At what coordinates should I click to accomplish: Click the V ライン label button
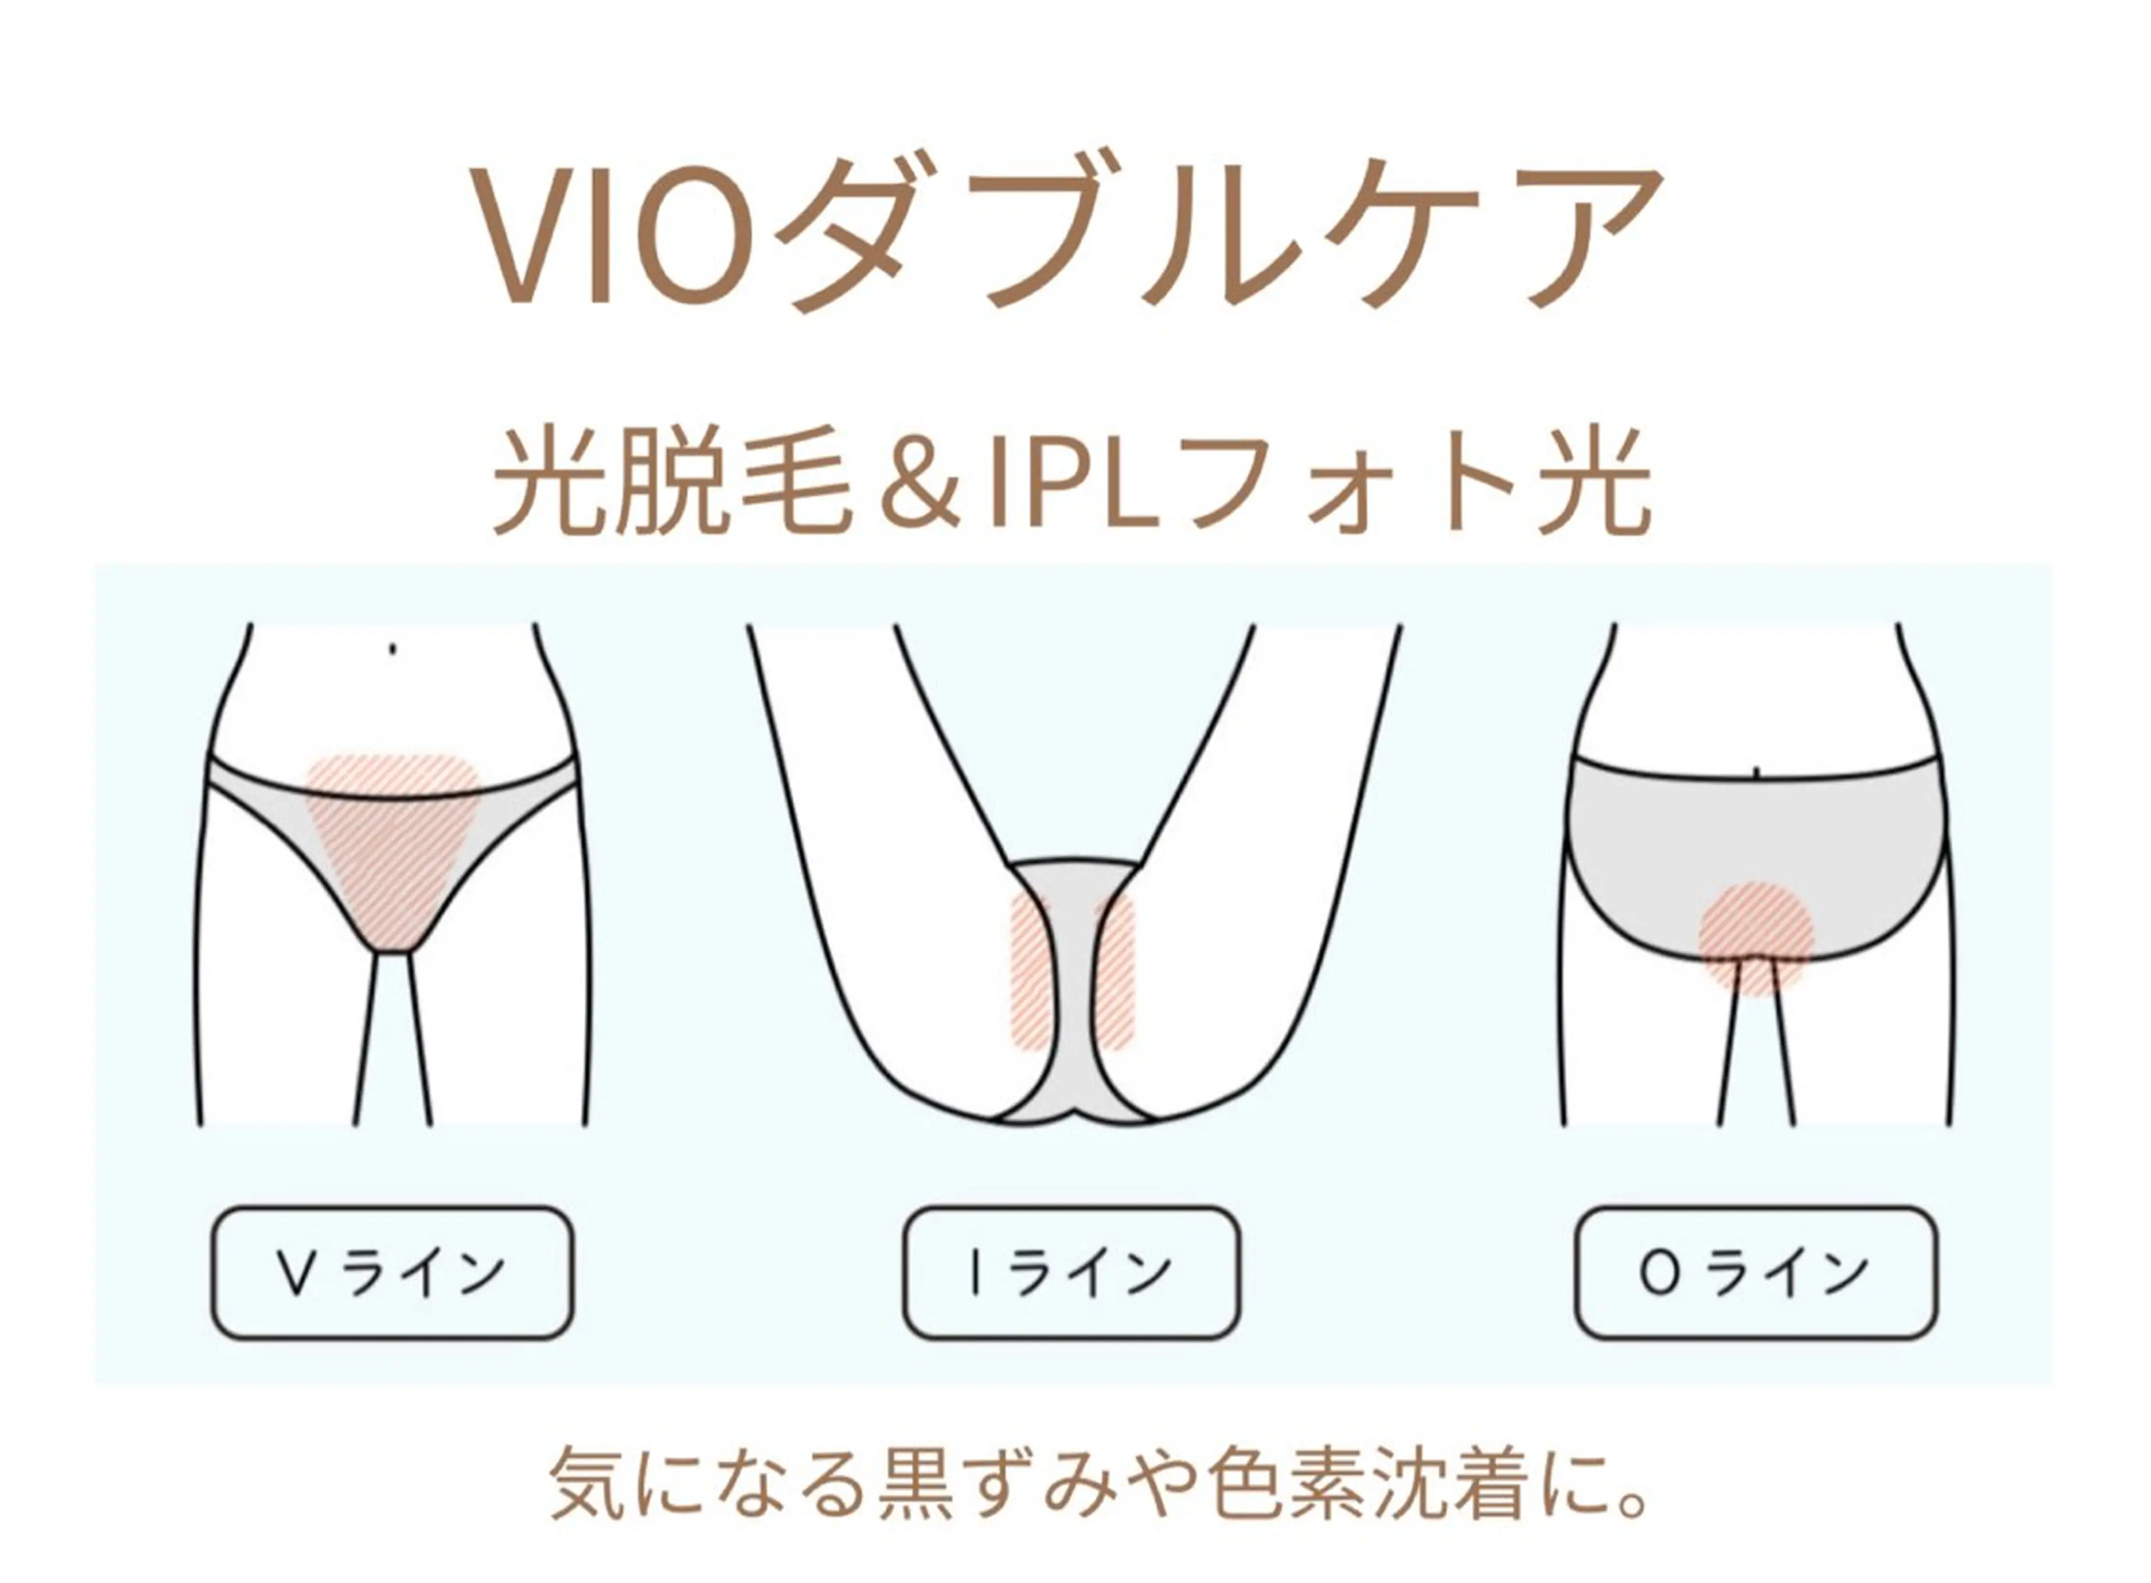pos(392,1273)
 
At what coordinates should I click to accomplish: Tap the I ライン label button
pos(1071,1273)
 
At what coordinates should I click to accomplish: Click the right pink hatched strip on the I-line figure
pos(1114,969)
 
